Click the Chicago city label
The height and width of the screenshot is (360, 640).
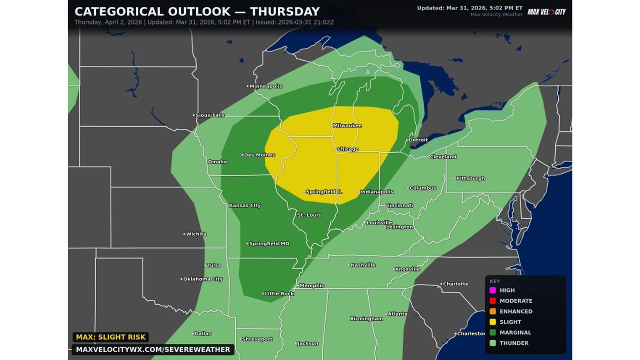pos(348,149)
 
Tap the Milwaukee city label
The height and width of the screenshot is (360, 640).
pos(347,125)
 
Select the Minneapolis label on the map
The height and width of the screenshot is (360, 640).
pos(265,86)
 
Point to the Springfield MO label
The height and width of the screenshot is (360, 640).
pos(269,243)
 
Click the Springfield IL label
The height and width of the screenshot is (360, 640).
pos(323,191)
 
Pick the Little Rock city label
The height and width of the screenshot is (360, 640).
pos(279,293)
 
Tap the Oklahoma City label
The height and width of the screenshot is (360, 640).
pos(202,279)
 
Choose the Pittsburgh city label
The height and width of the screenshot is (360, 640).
pos(470,178)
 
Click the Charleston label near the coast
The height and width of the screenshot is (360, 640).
pos(471,333)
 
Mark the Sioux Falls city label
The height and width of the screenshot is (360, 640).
pos(209,115)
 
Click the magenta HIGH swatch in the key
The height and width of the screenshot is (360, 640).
pos(492,290)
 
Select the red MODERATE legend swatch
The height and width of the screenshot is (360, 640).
pos(492,300)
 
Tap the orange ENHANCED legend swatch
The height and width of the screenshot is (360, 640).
pos(492,311)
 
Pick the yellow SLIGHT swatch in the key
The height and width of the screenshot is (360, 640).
pos(492,322)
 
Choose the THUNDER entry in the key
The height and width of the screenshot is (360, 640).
pos(513,343)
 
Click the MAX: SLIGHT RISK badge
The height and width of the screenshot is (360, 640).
pos(110,337)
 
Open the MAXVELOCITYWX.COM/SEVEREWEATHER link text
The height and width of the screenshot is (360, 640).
pos(153,349)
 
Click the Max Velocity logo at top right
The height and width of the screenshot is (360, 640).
pos(546,11)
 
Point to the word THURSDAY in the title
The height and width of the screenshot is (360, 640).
pos(279,11)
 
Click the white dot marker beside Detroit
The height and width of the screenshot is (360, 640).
pos(406,140)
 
